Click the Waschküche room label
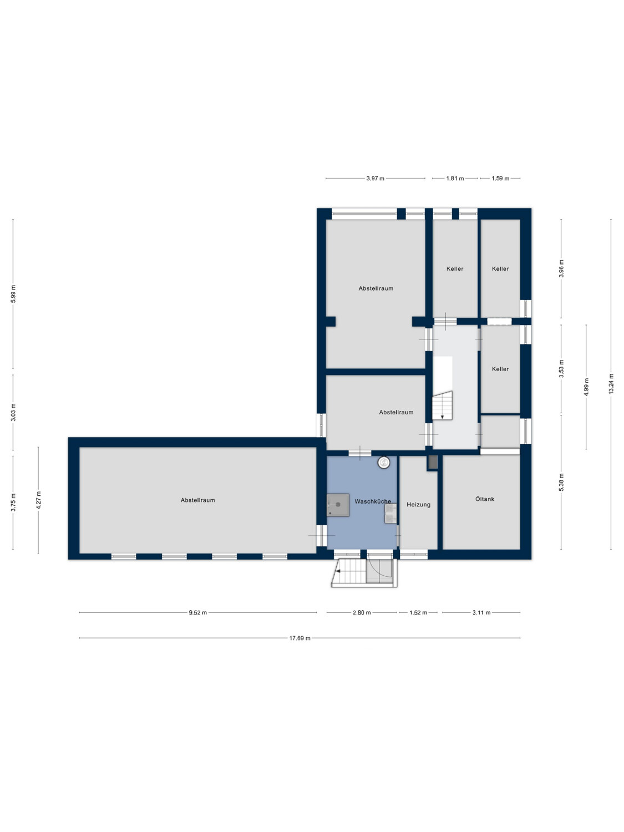pyautogui.click(x=372, y=501)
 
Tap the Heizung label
pyautogui.click(x=418, y=505)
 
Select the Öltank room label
pyautogui.click(x=485, y=499)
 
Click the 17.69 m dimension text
pyautogui.click(x=300, y=638)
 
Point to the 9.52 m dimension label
pyautogui.click(x=198, y=612)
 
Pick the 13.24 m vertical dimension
pyautogui.click(x=611, y=384)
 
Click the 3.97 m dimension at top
pyautogui.click(x=375, y=178)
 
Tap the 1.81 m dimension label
pyautogui.click(x=455, y=178)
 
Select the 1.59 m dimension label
pyautogui.click(x=500, y=178)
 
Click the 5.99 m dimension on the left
pyautogui.click(x=13, y=293)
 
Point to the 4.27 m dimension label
pyautogui.click(x=38, y=500)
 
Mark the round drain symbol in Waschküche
pyautogui.click(x=383, y=462)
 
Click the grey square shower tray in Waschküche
pyautogui.click(x=338, y=505)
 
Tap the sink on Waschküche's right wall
pyautogui.click(x=390, y=513)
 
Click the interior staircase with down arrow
pyautogui.click(x=443, y=405)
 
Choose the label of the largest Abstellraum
pyautogui.click(x=198, y=500)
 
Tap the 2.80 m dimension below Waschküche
pyautogui.click(x=362, y=612)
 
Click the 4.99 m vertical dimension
pyautogui.click(x=586, y=387)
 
